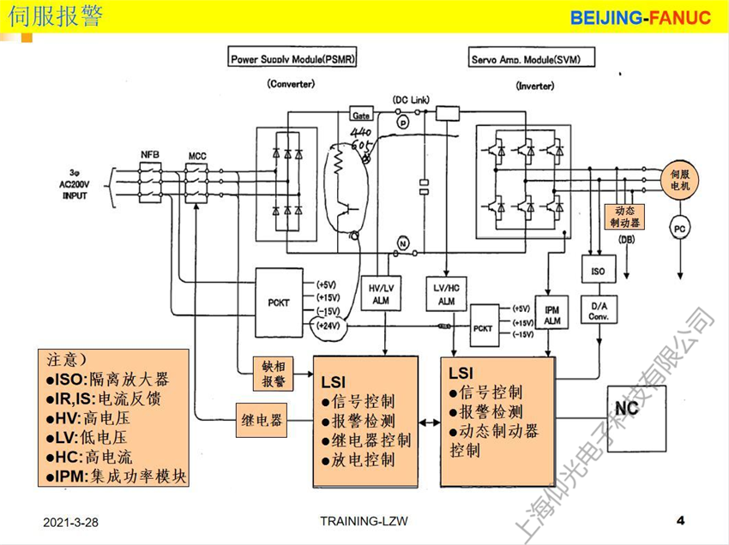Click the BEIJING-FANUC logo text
(x=641, y=18)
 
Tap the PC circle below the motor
(x=679, y=229)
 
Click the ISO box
(x=599, y=271)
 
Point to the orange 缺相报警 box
(x=273, y=374)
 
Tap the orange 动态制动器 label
(x=625, y=216)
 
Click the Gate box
(x=361, y=114)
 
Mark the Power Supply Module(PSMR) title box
(x=292, y=59)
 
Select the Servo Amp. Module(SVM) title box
(x=532, y=59)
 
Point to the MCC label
(x=198, y=155)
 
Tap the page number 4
(x=680, y=520)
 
